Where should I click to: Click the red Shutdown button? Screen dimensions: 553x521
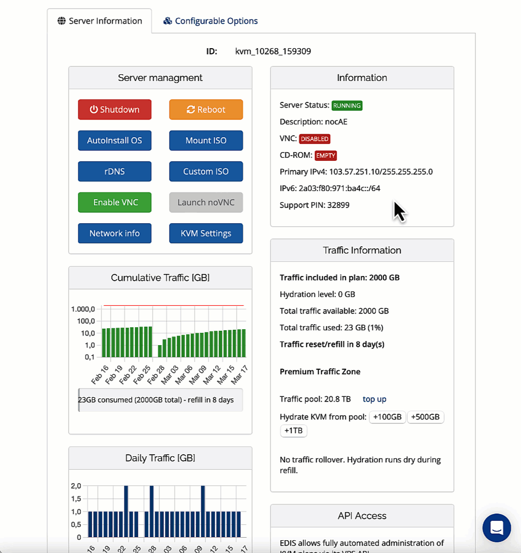[x=115, y=110]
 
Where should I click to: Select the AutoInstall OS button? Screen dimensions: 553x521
[x=115, y=140]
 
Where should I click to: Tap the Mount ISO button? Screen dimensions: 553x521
[x=206, y=140]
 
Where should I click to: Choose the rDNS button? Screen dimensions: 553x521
[x=115, y=172]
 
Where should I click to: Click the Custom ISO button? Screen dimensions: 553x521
[x=206, y=172]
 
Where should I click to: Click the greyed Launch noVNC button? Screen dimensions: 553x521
[x=206, y=202]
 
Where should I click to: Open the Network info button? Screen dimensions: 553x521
[x=115, y=233]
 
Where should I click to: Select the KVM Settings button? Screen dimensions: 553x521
[x=206, y=233]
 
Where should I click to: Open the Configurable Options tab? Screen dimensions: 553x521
[x=211, y=21]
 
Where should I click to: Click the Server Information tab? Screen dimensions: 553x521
[x=100, y=21]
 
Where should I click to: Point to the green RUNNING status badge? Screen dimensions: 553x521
[x=347, y=105]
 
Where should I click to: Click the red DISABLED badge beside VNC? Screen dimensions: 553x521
[x=315, y=139]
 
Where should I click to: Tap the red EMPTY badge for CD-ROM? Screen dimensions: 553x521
[x=326, y=155]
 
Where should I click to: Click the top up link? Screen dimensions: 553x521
[x=374, y=399]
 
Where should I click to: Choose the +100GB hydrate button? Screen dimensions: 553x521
[x=387, y=417]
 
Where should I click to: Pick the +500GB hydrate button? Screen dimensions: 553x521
[x=426, y=417]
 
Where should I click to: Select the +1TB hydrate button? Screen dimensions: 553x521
[x=294, y=431]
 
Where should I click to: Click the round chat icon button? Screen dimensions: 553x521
[x=496, y=527]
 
